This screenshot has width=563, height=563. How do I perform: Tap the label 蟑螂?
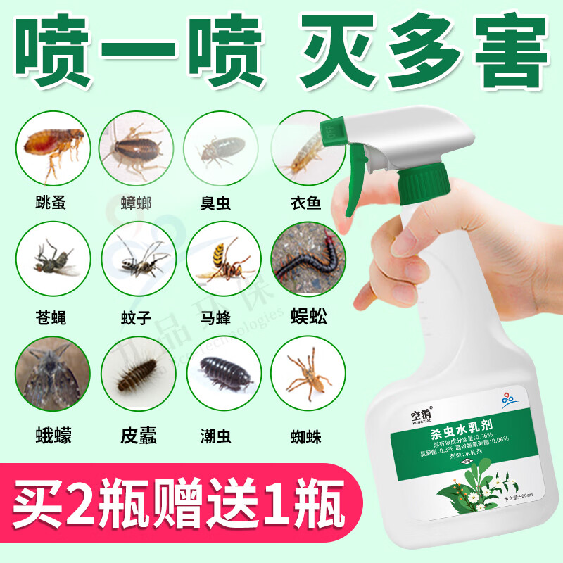136,204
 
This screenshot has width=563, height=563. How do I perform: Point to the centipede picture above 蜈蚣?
305,262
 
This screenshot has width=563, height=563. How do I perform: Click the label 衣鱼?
305,204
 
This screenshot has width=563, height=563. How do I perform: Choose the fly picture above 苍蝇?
53,262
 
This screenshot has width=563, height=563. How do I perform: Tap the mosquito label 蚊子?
136,318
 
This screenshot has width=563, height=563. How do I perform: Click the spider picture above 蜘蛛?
305,374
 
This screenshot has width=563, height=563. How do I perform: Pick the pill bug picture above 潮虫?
220,374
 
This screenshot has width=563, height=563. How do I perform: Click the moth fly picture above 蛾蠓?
53,374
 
